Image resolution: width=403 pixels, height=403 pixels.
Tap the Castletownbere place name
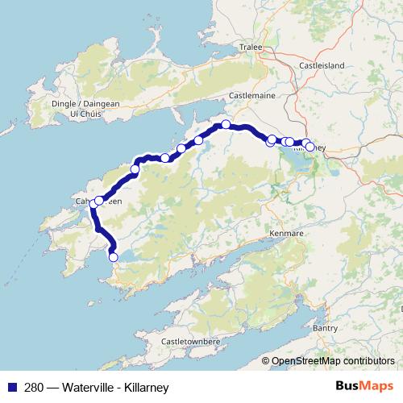(190, 342)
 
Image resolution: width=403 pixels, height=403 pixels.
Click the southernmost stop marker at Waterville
(113, 257)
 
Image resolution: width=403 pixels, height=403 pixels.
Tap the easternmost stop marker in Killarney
(310, 147)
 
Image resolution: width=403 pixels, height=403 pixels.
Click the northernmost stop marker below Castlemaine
(226, 124)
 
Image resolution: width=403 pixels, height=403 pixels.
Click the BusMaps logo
(360, 387)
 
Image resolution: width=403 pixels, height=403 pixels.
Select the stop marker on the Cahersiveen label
(99, 201)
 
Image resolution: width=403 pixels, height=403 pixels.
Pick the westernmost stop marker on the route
(93, 204)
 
